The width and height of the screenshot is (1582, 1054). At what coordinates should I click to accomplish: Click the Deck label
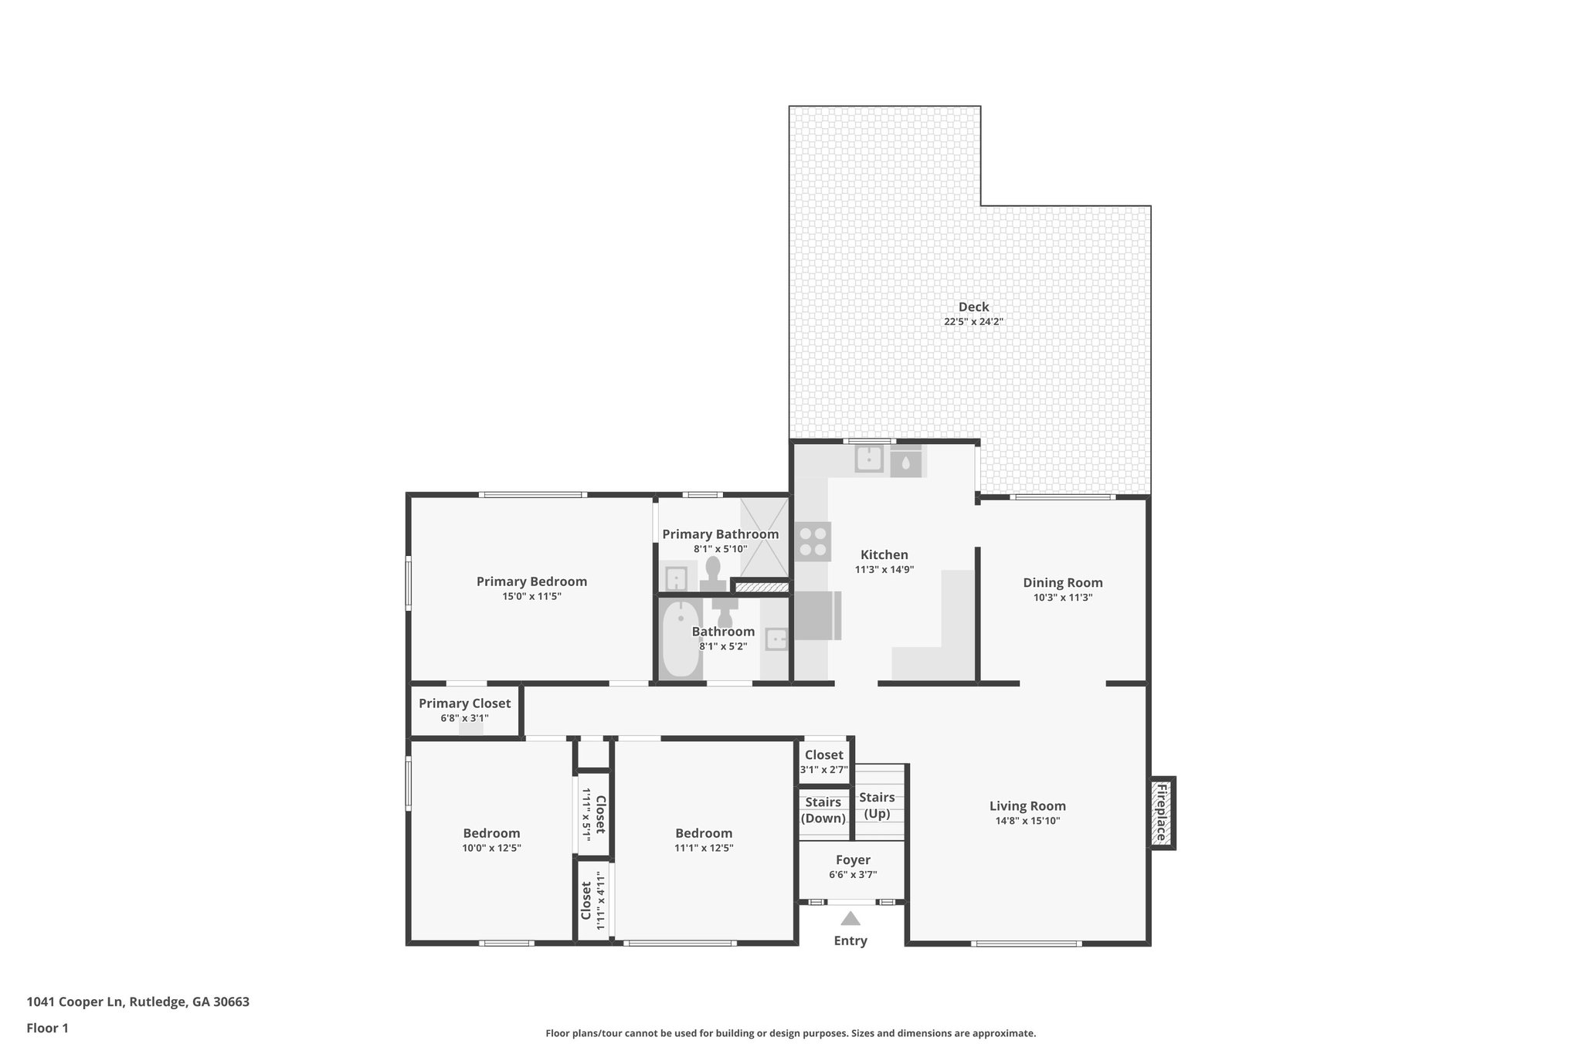(x=973, y=307)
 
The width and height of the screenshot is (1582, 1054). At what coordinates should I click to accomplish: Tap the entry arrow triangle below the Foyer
(x=850, y=919)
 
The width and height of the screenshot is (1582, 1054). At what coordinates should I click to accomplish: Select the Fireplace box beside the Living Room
(x=1161, y=813)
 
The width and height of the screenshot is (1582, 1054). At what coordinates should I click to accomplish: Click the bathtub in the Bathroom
(x=681, y=639)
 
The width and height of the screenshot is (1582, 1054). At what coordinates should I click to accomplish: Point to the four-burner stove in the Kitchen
(x=813, y=541)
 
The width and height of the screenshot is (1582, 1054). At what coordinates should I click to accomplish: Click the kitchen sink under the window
(x=869, y=459)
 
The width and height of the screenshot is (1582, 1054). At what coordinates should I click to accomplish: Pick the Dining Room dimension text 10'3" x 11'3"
(x=1063, y=598)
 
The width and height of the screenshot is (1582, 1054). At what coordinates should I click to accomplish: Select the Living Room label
(x=1027, y=806)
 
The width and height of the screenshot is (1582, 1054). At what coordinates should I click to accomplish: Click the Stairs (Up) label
(x=877, y=805)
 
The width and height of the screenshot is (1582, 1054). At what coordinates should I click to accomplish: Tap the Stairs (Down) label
(x=823, y=810)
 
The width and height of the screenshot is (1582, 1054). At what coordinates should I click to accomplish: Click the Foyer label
(x=853, y=860)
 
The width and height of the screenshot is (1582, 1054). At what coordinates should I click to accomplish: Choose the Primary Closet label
(x=464, y=703)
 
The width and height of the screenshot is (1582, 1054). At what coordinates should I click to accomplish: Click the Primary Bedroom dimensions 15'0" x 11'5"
(x=531, y=596)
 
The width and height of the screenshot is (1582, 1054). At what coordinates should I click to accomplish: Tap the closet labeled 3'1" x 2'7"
(x=824, y=761)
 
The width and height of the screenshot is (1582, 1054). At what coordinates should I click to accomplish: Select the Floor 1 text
(x=48, y=1028)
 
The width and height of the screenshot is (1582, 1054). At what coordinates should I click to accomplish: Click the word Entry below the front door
(x=850, y=941)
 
